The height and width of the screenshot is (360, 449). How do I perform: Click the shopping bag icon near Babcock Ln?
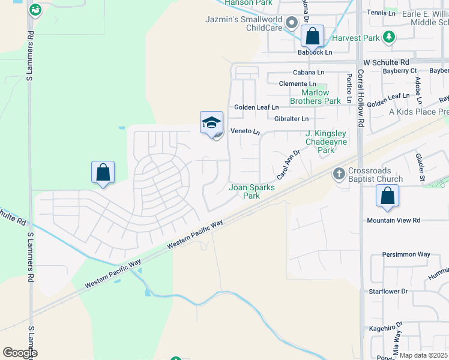(312, 37)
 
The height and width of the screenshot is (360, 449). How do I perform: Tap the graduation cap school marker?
(211, 124)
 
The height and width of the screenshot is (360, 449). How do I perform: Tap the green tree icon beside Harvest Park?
(389, 38)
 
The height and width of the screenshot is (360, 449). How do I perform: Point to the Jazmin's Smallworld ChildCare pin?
(292, 23)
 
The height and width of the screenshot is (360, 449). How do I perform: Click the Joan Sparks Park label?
(252, 191)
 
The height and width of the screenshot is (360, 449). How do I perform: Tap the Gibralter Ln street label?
(292, 119)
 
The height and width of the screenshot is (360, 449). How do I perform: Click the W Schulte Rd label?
(386, 62)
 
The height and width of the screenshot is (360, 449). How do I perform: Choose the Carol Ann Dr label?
(288, 165)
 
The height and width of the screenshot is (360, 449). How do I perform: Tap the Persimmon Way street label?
(406, 254)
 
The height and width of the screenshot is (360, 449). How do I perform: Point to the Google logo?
(20, 353)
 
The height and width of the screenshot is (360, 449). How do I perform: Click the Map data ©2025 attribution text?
(424, 355)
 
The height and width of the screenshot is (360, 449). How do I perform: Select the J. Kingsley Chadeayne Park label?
(326, 142)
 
